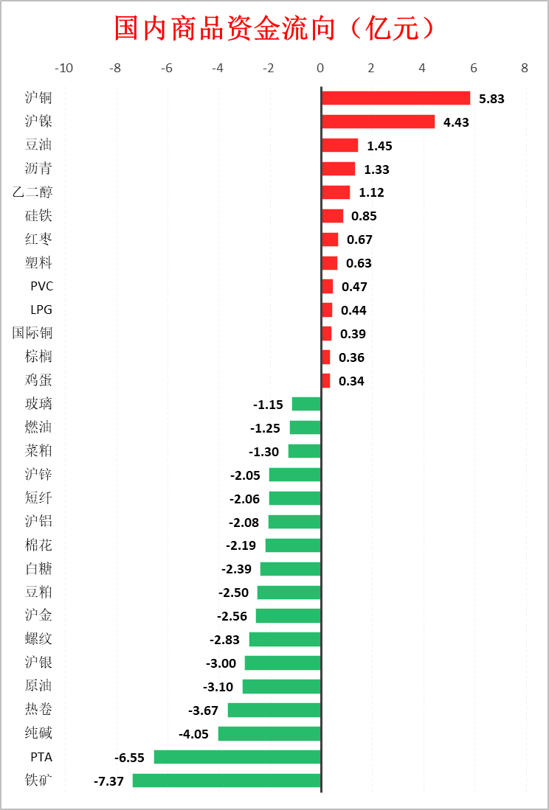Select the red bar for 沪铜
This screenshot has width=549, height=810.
(x=396, y=98)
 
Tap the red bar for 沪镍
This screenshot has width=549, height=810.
(x=378, y=122)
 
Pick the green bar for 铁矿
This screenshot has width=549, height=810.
(x=227, y=781)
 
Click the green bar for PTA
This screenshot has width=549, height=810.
(x=237, y=757)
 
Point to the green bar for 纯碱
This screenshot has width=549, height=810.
(x=269, y=733)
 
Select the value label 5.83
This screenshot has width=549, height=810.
(x=491, y=99)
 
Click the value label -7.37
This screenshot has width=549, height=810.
(x=108, y=781)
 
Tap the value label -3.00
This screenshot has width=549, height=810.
(x=221, y=663)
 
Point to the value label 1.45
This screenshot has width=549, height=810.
(x=379, y=146)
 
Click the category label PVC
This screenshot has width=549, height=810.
(x=41, y=286)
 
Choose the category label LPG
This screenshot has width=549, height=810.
(x=41, y=310)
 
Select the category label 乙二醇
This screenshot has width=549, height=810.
(x=32, y=192)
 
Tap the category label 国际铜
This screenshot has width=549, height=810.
(x=32, y=333)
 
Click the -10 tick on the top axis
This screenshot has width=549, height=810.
(x=64, y=69)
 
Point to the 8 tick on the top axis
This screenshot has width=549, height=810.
(x=525, y=69)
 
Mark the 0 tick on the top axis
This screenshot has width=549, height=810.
(x=320, y=69)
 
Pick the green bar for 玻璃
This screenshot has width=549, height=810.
(x=306, y=404)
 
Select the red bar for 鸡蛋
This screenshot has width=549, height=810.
(x=325, y=380)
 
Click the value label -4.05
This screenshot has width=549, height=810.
(x=193, y=734)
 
